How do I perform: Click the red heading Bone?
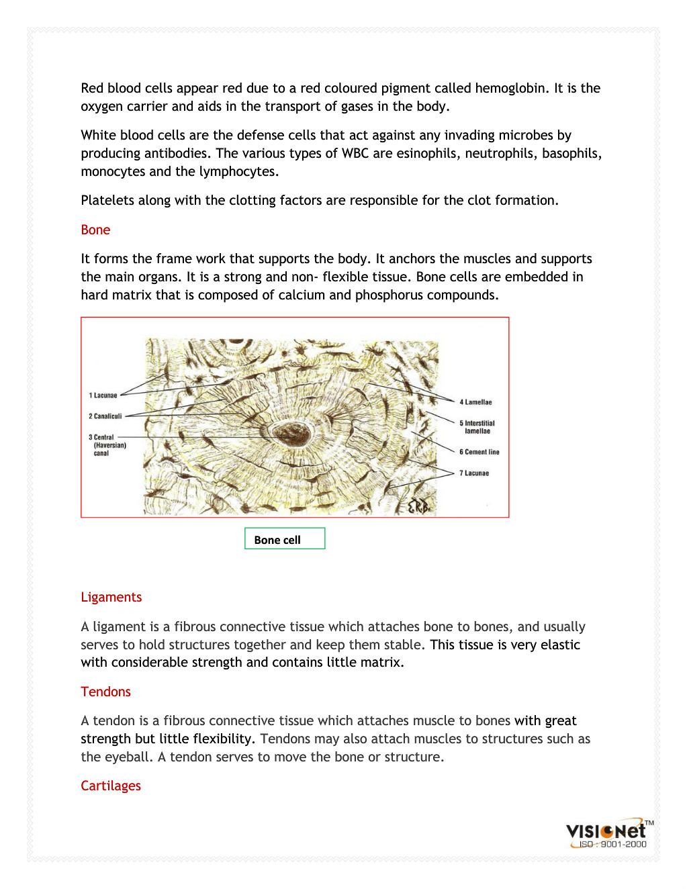tap(95, 230)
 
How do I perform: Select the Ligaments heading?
tap(111, 597)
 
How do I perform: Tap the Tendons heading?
tap(105, 692)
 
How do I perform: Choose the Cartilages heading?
tap(111, 786)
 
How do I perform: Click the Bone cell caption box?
tap(284, 539)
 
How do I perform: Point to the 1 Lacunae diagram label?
tap(103, 395)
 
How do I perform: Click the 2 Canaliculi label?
tap(105, 416)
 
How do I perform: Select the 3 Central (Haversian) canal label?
tap(107, 445)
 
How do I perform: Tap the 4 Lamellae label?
tap(476, 402)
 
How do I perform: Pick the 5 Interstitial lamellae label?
tap(477, 427)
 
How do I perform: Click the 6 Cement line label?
tap(479, 452)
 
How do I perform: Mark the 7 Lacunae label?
tap(475, 473)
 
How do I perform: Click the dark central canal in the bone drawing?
tap(291, 434)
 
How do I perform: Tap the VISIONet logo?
tap(606, 831)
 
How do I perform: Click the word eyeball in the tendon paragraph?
tap(128, 757)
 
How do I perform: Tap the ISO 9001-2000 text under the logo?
tap(612, 845)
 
